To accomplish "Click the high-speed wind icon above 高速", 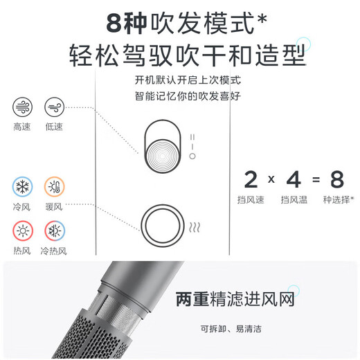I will [x=22, y=107].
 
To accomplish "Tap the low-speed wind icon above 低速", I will [x=54, y=107].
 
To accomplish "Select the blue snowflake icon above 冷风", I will [x=22, y=188].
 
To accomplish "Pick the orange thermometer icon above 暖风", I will [x=54, y=188].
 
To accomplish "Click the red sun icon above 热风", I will [x=22, y=231].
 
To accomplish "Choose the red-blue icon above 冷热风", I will [x=54, y=231].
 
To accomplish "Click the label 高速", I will [x=22, y=128].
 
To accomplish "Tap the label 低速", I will [x=54, y=128].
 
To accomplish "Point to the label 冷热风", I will [x=54, y=251].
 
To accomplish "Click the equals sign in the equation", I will [x=315, y=180].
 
